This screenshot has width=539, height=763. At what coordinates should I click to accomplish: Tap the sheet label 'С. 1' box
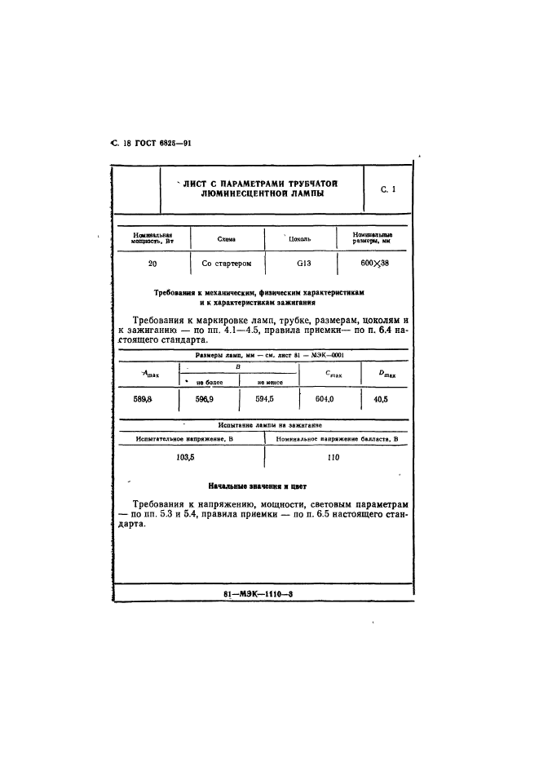(387, 190)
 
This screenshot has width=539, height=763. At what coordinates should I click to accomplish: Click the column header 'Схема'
(227, 239)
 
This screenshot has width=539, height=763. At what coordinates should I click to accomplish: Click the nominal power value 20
(152, 264)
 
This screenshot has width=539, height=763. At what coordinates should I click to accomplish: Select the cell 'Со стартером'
(227, 264)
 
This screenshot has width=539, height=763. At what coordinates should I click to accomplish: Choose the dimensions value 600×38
(375, 264)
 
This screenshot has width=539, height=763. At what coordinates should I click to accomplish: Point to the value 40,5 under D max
(380, 399)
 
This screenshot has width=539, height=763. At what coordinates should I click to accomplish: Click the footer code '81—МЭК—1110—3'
(257, 594)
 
